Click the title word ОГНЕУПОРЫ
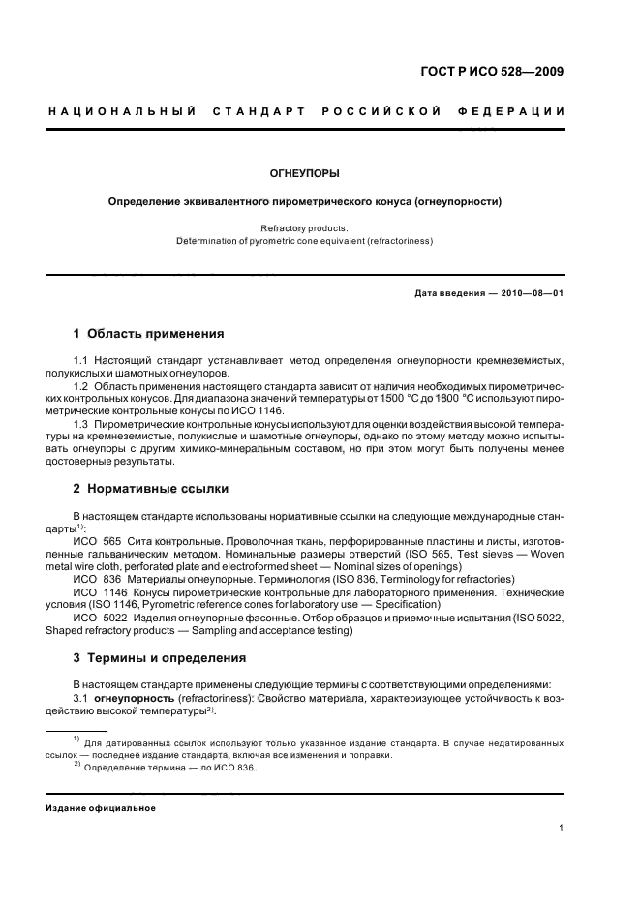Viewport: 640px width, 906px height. [x=304, y=174]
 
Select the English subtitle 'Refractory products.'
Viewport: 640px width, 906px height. [x=304, y=228]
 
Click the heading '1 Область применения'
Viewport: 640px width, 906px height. [x=149, y=334]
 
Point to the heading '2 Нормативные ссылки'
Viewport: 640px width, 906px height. [x=151, y=489]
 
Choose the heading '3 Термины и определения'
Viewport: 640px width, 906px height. [x=160, y=658]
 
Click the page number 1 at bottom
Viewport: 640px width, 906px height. [x=562, y=829]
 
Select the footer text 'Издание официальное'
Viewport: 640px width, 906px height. [x=102, y=808]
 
